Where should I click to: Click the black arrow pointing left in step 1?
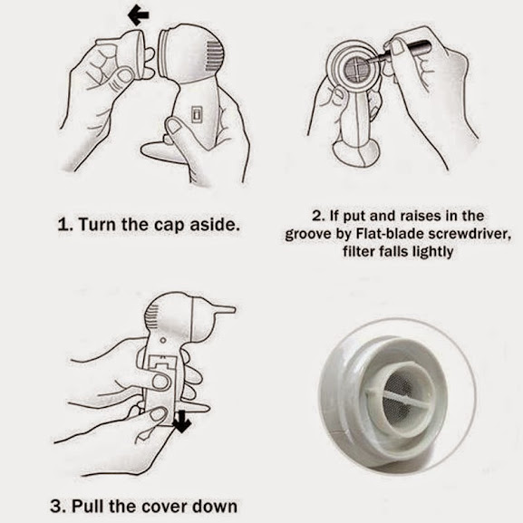[138, 15]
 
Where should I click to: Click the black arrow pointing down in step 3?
[182, 421]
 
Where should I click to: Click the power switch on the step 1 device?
[197, 113]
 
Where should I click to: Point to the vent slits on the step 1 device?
[214, 55]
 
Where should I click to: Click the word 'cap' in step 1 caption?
[169, 225]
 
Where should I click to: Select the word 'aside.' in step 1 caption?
[215, 225]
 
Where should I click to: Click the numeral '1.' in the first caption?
[65, 225]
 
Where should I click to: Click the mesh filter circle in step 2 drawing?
[357, 65]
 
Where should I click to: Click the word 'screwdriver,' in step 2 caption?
[470, 234]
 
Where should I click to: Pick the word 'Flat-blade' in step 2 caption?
[391, 234]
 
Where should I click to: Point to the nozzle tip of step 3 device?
[234, 310]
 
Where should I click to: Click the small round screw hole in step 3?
[163, 340]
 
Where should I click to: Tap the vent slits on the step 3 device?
[152, 315]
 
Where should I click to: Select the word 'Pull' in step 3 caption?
[88, 507]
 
